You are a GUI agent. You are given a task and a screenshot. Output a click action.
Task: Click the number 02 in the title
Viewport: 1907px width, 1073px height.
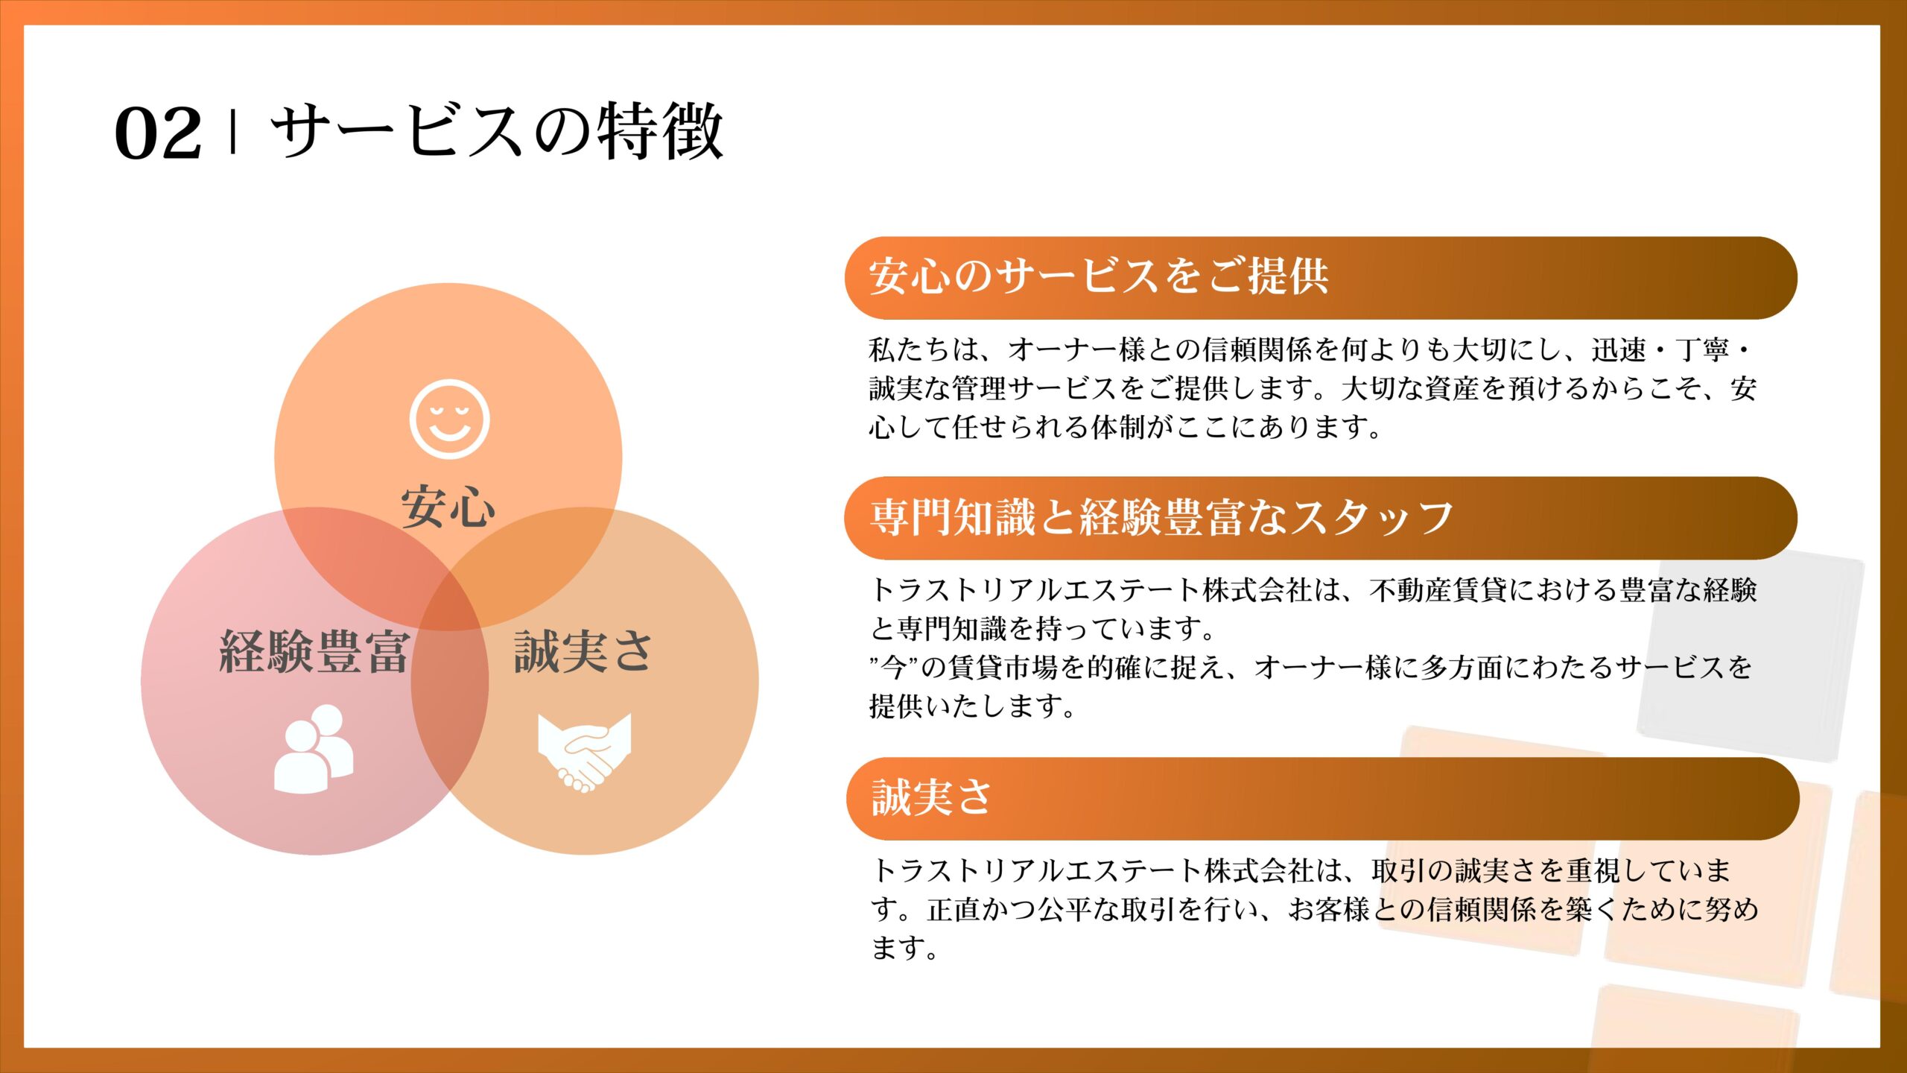tap(158, 133)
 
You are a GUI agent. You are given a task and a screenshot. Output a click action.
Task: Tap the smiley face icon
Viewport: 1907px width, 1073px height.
tap(449, 419)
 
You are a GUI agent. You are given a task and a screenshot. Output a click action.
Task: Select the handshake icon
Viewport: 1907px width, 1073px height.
tap(585, 753)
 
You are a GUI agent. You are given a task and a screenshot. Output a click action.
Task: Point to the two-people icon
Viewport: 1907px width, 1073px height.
tap(314, 749)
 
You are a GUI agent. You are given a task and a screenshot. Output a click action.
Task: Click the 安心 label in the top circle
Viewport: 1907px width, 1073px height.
tap(448, 507)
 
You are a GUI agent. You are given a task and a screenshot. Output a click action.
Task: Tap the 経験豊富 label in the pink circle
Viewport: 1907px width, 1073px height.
tap(314, 652)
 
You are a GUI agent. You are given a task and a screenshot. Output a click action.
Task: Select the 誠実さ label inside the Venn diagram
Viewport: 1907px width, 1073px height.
tap(583, 652)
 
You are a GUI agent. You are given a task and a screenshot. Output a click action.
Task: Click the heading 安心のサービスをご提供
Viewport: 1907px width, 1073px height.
tap(1099, 276)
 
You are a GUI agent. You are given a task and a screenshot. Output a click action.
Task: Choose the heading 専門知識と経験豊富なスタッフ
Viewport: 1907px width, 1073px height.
tap(1161, 517)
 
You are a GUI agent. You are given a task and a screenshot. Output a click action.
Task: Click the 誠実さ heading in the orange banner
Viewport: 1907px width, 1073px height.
tap(931, 797)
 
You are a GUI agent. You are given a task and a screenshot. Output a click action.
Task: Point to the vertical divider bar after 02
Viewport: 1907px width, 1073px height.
tap(234, 132)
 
